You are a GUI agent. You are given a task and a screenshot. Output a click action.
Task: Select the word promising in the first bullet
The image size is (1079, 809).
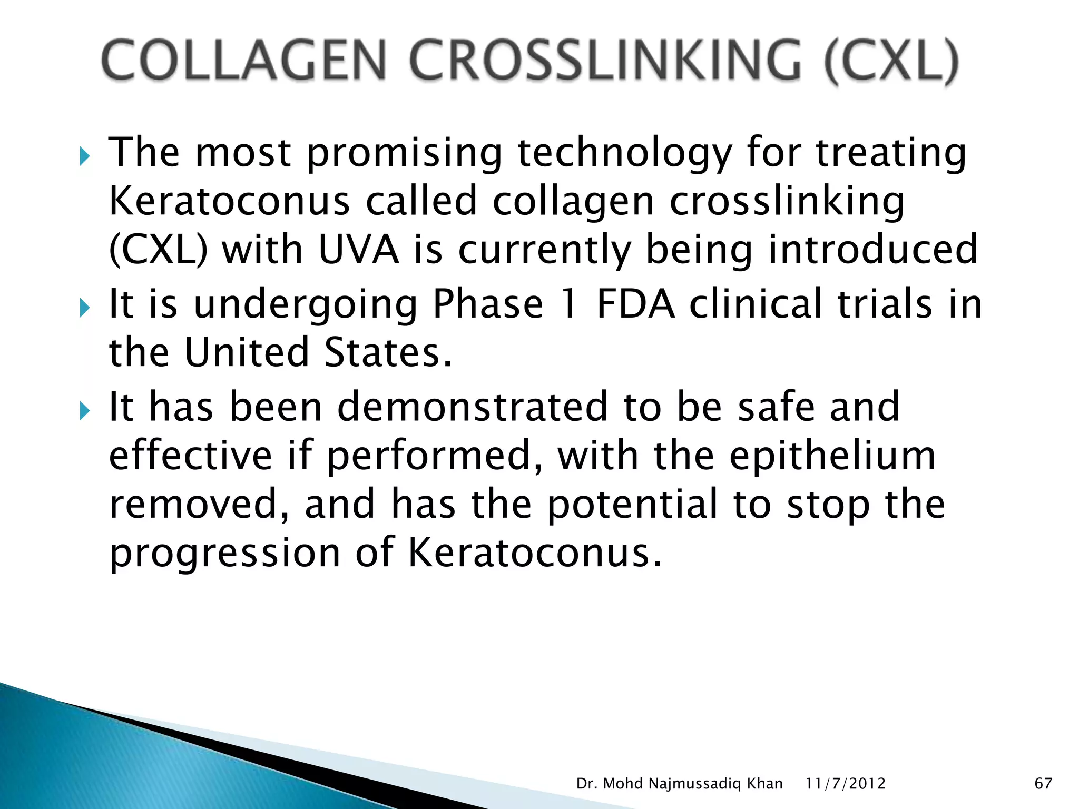tap(404, 153)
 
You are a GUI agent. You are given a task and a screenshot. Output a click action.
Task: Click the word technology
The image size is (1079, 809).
tap(624, 153)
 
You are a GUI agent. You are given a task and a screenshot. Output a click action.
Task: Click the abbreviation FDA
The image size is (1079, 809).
tap(635, 304)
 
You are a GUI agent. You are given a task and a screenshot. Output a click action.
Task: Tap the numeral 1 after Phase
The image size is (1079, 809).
tap(569, 304)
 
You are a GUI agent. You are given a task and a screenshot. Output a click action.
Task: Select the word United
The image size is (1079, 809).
tap(246, 352)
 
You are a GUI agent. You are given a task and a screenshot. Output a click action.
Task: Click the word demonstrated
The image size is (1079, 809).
tap(472, 407)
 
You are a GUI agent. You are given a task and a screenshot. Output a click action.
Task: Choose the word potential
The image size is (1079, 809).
tap(632, 505)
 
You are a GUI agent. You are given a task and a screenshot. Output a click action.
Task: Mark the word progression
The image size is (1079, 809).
tap(224, 553)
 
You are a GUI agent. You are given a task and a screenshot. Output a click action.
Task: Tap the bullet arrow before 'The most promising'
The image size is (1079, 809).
tap(85, 156)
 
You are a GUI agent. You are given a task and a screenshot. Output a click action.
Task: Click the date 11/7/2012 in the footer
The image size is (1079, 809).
tap(845, 784)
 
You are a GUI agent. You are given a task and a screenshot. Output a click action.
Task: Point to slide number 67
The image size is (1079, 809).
tap(1043, 784)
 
